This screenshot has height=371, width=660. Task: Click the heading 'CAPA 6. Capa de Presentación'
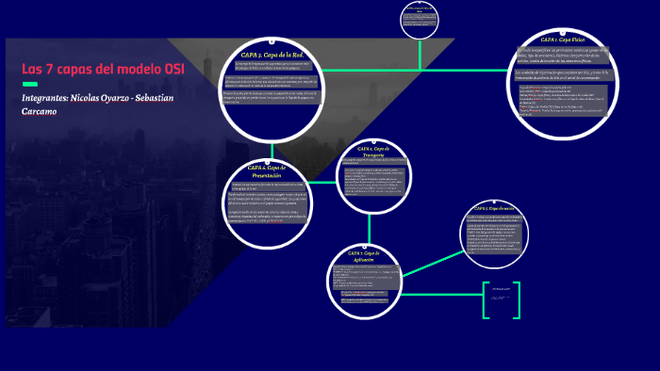[265, 170]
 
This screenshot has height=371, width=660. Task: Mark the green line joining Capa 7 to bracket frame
[443, 288]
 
